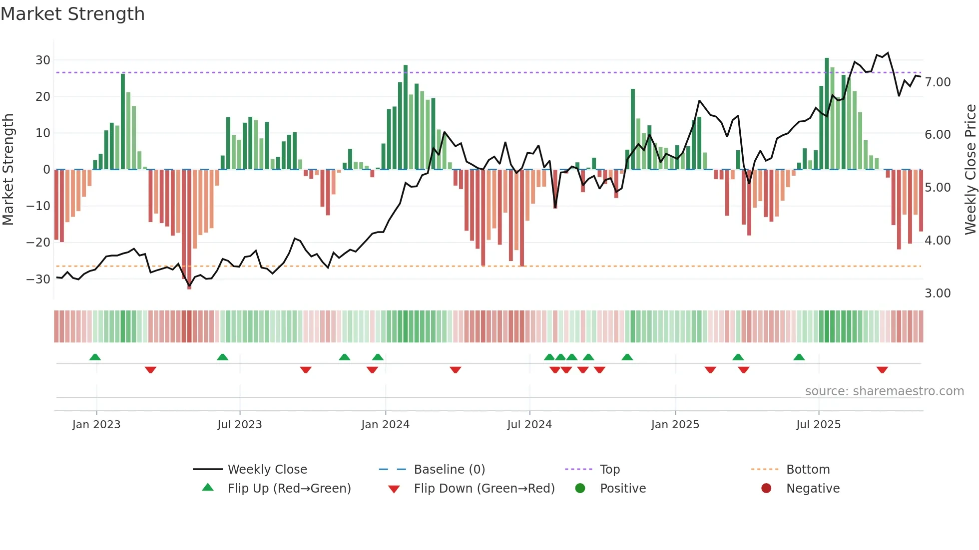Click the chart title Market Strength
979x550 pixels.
coord(72,14)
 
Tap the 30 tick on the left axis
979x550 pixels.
coord(43,60)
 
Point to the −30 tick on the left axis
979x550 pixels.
coord(38,279)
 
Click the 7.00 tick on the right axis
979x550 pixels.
coord(938,82)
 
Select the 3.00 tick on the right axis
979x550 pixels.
coord(938,293)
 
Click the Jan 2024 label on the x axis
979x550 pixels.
coord(385,425)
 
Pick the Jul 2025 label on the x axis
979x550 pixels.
coord(818,425)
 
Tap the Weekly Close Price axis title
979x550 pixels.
coord(970,170)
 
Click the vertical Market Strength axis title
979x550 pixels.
coord(8,170)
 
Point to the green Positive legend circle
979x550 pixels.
coord(580,488)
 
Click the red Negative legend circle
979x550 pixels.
coord(766,488)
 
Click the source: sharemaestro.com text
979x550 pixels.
coord(884,391)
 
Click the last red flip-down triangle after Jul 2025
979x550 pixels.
coord(882,370)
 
